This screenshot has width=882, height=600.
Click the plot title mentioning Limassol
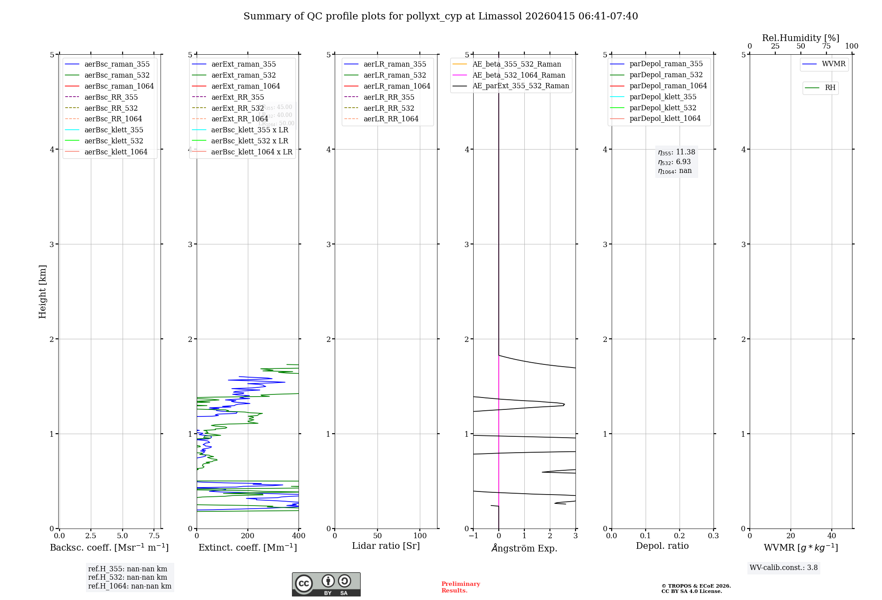pos(441,16)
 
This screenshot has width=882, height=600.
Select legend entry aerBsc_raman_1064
pos(119,86)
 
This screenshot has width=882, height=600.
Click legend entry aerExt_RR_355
pos(237,97)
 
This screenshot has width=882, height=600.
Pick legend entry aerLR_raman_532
pos(394,75)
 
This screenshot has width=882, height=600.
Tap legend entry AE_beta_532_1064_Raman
pos(518,75)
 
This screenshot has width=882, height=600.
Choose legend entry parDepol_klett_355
pos(662,97)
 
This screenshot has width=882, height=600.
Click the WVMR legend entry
pos(833,64)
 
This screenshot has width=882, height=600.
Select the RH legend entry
pos(830,88)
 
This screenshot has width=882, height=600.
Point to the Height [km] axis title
pos(42,291)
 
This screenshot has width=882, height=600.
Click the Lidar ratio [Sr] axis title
pos(386,546)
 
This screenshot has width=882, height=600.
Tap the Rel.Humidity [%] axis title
pos(800,38)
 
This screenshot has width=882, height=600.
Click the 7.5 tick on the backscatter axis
pos(154,536)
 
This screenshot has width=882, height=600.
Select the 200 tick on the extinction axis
pos(248,536)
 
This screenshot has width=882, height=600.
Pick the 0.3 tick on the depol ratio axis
pos(713,536)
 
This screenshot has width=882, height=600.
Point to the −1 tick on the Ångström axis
pos(473,536)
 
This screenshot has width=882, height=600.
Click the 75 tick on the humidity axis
pos(826,46)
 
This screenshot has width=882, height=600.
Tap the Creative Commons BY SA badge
pos(326,585)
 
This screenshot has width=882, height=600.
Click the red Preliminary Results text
pos(460,587)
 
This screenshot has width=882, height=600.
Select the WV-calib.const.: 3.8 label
pos(783,568)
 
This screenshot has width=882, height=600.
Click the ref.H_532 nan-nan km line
pos(127,577)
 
